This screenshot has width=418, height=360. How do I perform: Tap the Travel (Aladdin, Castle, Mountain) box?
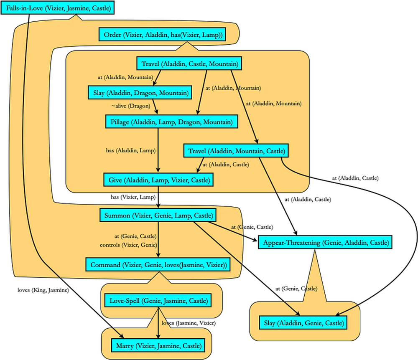[x=190, y=64]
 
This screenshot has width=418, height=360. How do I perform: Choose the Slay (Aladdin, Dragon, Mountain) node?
[x=140, y=92]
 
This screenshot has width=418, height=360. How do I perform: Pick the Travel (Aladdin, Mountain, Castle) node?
[x=237, y=150]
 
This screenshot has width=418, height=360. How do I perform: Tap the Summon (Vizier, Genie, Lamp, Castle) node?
[x=158, y=215]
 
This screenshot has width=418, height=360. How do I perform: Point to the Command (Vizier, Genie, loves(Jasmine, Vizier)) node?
[x=158, y=265]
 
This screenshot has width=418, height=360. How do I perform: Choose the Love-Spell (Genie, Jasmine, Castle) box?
[x=158, y=300]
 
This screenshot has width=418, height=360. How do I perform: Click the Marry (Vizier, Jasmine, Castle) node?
[x=158, y=345]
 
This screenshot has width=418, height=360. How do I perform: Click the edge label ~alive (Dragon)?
[x=130, y=106]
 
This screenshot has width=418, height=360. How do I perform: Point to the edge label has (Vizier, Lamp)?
[x=133, y=196]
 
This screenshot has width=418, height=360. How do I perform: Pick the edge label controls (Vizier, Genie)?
[x=128, y=245]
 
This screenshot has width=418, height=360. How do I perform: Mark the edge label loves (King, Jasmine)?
[x=43, y=289]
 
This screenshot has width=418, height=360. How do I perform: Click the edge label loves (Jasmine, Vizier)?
[x=188, y=322]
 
